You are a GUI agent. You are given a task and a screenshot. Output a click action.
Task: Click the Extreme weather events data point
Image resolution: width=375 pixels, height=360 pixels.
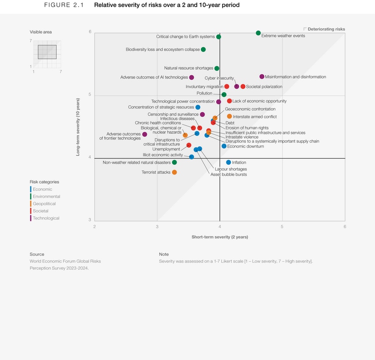click(258, 33)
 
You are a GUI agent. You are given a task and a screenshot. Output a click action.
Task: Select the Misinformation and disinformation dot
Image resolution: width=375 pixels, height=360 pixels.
click(262, 77)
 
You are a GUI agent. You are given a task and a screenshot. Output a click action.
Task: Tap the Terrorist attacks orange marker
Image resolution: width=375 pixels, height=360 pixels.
click(174, 172)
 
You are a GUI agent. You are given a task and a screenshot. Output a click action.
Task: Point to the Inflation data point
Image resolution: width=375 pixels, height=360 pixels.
click(228, 163)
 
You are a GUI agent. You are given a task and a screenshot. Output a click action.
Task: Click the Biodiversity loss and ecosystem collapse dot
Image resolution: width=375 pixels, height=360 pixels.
click(203, 49)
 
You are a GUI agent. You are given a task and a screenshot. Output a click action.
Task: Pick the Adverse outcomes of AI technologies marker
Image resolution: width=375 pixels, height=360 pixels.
click(191, 78)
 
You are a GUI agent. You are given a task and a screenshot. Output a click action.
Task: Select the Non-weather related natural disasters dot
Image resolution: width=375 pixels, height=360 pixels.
click(174, 163)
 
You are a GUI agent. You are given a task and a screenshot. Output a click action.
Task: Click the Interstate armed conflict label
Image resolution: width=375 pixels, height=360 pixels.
click(255, 117)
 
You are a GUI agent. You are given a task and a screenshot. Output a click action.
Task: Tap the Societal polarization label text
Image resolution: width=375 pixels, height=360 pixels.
click(264, 87)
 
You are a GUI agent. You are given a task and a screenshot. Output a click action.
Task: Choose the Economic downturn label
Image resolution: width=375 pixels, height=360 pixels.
click(245, 146)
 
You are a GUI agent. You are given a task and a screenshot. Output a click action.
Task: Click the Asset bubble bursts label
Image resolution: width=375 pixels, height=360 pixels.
click(229, 174)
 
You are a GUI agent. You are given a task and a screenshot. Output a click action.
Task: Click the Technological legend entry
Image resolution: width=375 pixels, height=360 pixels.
click(46, 218)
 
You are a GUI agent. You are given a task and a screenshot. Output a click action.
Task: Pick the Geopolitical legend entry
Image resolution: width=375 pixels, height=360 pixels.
click(44, 204)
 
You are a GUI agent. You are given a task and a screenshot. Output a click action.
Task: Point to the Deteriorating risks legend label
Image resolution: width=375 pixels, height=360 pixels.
click(326, 29)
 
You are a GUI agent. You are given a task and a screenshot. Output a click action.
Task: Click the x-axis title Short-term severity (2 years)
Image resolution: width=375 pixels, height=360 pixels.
click(219, 237)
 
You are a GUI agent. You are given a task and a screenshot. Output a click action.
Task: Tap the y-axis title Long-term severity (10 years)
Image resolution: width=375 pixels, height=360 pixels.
click(78, 127)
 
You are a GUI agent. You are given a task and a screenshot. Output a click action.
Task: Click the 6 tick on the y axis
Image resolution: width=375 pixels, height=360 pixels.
click(90, 32)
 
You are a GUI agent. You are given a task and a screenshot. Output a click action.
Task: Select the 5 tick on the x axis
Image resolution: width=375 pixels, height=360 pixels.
click(282, 227)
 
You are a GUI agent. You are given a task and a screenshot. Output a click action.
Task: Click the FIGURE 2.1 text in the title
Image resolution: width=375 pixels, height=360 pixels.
click(64, 5)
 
